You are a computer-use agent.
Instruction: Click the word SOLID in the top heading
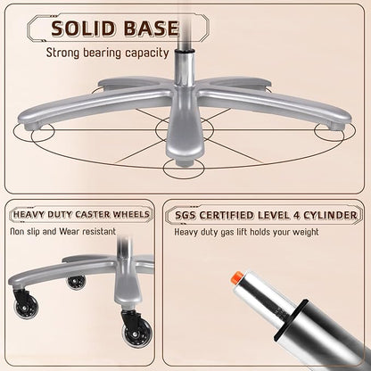83,29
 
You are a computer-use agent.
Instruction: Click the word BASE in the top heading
151,29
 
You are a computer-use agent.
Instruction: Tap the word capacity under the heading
147,54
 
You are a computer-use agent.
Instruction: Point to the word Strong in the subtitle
63,54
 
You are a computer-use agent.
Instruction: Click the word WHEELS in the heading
135,214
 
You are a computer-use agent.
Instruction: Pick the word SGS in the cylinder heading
185,215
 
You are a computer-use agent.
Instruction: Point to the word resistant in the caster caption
99,231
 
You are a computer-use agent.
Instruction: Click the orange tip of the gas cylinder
236,278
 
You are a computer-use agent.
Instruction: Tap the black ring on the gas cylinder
290,320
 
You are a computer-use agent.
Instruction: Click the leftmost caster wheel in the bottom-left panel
26,306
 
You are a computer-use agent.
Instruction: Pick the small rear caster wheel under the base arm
76,282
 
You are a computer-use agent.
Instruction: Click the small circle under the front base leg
184,168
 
